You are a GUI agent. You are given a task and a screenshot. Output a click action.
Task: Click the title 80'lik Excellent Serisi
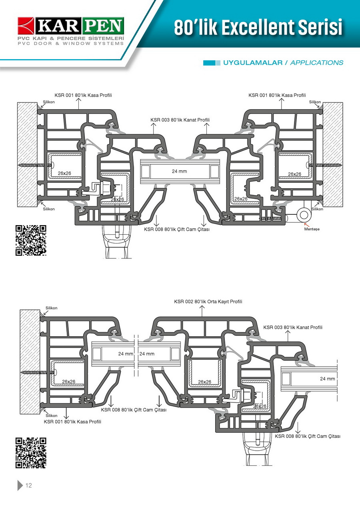pyautogui.click(x=258, y=28)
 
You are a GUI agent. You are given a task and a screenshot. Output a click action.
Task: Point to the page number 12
pyautogui.click(x=29, y=486)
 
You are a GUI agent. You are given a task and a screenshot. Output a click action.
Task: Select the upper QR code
pyautogui.click(x=31, y=240)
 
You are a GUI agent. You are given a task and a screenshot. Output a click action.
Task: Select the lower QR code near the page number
pyautogui.click(x=31, y=453)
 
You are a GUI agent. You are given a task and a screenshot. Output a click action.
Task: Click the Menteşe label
pyautogui.click(x=312, y=229)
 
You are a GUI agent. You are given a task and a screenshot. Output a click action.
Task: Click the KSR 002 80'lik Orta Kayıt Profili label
pyautogui.click(x=208, y=301)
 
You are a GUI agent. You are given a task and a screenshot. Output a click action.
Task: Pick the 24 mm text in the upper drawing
pyautogui.click(x=180, y=172)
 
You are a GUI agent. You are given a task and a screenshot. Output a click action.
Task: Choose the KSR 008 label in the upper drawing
pyautogui.click(x=177, y=230)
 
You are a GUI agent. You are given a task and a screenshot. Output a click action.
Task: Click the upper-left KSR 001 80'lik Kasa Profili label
pyautogui.click(x=83, y=95)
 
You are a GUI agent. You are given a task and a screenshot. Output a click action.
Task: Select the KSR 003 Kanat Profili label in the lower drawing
pyautogui.click(x=293, y=327)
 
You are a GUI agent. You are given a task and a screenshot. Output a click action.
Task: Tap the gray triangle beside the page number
pyautogui.click(x=20, y=485)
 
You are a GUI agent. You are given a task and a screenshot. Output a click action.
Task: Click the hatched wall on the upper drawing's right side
pyautogui.click(x=333, y=154)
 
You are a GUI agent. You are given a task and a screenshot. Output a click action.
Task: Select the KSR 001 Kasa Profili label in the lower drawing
pyautogui.click(x=72, y=422)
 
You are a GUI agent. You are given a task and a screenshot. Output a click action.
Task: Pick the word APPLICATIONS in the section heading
pyautogui.click(x=317, y=63)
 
